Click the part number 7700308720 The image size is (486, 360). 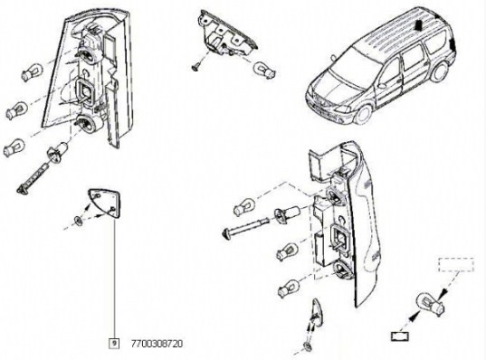click(157, 344)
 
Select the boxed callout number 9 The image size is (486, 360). click(114, 344)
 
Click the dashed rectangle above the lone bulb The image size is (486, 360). click(456, 264)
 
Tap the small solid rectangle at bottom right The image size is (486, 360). click(400, 336)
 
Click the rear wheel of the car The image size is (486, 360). click(440, 72)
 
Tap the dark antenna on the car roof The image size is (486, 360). click(419, 24)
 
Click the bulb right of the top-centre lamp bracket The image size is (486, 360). click(264, 70)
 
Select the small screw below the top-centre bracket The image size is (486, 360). click(195, 67)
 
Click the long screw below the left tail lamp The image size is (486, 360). click(33, 179)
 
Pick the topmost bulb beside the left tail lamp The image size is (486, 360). click(32, 71)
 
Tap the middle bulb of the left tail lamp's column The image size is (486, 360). click(16, 109)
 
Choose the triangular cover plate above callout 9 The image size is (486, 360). click(104, 204)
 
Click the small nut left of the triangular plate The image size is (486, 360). click(79, 221)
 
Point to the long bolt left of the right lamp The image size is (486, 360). click(246, 226)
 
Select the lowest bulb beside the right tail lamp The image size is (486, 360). click(289, 288)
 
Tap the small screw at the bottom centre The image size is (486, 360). click(308, 346)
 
